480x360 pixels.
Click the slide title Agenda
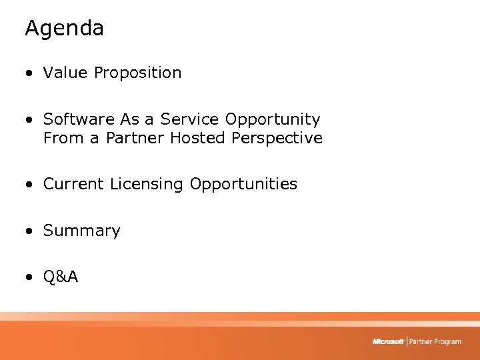64,29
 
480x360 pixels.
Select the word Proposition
137,73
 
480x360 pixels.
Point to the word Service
190,119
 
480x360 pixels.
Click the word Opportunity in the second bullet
273,120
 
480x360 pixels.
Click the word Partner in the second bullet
135,138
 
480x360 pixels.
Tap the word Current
74,184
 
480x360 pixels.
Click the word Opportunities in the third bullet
243,185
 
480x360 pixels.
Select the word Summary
81,231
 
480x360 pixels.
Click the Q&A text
61,277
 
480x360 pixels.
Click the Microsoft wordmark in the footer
388,341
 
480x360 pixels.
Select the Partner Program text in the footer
435,341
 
